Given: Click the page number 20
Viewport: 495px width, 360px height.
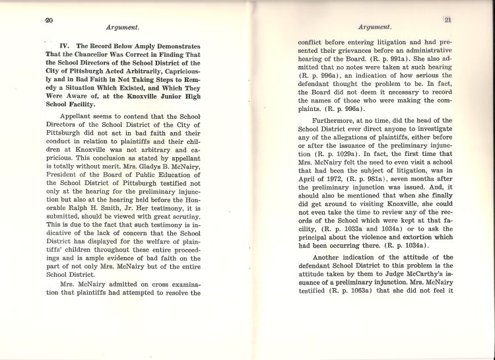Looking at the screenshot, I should tap(48, 19).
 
